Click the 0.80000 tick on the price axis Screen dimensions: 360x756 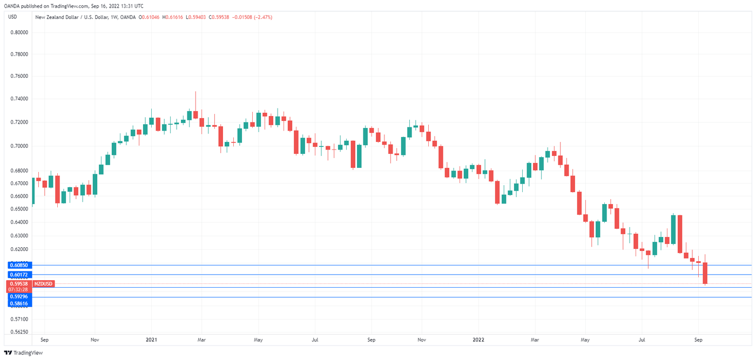click(x=19, y=32)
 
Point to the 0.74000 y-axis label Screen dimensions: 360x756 click(x=19, y=99)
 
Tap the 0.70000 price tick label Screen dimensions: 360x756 click(x=19, y=146)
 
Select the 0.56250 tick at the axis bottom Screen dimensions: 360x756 click(x=19, y=332)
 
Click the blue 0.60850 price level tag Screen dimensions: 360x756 click(x=19, y=266)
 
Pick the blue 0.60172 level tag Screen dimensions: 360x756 click(x=19, y=275)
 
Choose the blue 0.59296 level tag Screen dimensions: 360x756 click(x=19, y=297)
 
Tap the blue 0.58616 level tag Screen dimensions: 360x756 click(x=19, y=303)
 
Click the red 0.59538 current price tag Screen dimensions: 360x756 click(x=19, y=283)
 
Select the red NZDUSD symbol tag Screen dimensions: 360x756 click(x=43, y=283)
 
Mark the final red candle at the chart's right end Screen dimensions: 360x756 click(x=705, y=273)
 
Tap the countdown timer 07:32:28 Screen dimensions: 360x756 click(x=19, y=289)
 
